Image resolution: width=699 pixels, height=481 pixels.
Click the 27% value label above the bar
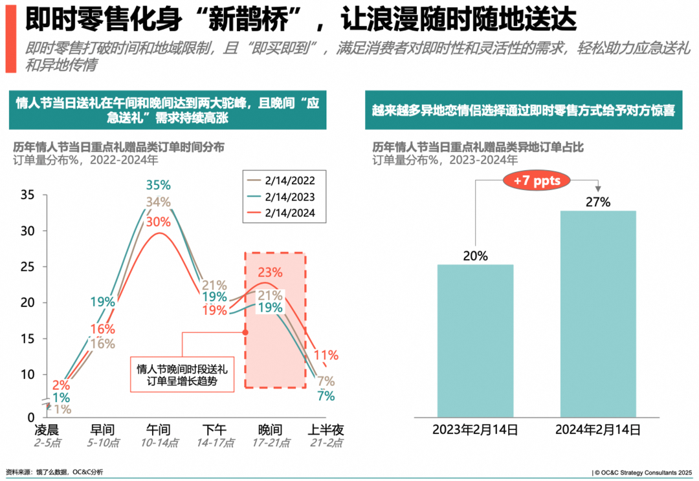(x=598, y=202)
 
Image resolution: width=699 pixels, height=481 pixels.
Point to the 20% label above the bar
(x=476, y=255)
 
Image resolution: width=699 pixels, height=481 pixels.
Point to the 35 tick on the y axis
(x=28, y=195)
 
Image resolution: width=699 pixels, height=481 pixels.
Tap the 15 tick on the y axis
(x=28, y=339)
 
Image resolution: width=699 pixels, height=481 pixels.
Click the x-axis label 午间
(x=157, y=430)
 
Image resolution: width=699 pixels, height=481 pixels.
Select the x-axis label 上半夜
(x=324, y=430)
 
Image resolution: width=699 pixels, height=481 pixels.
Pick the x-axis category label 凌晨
(x=47, y=430)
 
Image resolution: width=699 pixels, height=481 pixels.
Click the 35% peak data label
(x=158, y=185)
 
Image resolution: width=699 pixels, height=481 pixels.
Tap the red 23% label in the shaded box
(x=271, y=273)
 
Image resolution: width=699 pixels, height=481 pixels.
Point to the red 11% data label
(x=326, y=354)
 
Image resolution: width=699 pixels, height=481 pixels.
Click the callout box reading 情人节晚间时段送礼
(x=182, y=375)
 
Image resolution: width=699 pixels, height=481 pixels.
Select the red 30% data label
(x=158, y=221)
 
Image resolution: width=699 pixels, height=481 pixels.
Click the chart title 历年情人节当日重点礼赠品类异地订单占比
(x=478, y=147)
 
